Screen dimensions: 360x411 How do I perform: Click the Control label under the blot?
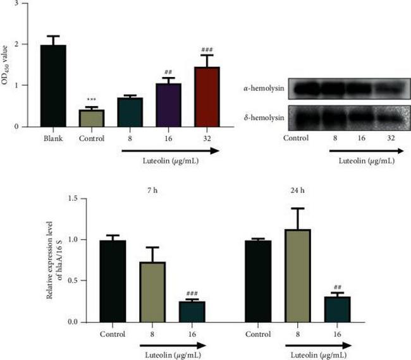[x=296, y=138]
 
